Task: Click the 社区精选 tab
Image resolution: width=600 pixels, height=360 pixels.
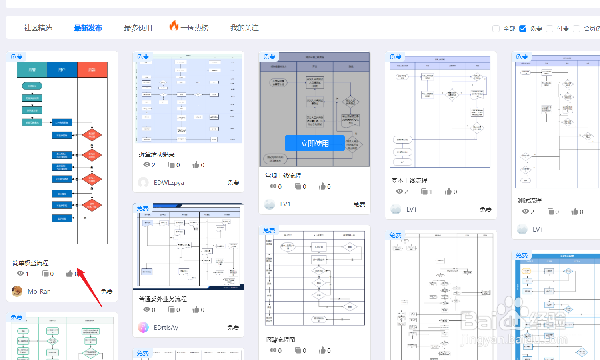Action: coord(38,28)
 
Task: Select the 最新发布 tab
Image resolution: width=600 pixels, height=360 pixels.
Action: coord(88,28)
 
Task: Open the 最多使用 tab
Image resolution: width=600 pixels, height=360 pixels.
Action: coord(138,28)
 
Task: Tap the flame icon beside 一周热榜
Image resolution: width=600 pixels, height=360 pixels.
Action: coord(174,26)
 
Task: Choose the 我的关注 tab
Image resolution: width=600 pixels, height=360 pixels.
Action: coord(244,28)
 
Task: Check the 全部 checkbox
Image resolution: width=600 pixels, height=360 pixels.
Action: coord(496,29)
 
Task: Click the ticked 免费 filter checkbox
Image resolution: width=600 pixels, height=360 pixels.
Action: coord(523,29)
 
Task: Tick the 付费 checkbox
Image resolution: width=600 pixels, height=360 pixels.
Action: coord(550,29)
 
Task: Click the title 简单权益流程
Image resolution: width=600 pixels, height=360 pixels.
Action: coord(30,263)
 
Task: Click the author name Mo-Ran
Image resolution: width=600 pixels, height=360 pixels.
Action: coord(39,292)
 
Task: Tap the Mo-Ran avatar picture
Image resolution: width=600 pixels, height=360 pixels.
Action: coord(17,291)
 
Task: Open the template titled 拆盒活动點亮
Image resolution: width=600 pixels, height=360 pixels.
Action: coord(157,154)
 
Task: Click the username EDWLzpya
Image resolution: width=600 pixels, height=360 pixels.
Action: coord(169,183)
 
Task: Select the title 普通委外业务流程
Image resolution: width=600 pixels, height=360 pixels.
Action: coord(163,299)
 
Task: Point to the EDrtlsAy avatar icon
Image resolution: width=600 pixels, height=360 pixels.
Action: coord(143,327)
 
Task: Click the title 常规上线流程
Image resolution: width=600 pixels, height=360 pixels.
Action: coord(283,176)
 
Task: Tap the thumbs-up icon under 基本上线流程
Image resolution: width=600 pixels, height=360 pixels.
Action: coord(448,192)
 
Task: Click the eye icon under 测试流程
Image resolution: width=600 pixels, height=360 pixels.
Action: coord(526,212)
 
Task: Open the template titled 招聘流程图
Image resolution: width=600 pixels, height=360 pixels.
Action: coord(280,340)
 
